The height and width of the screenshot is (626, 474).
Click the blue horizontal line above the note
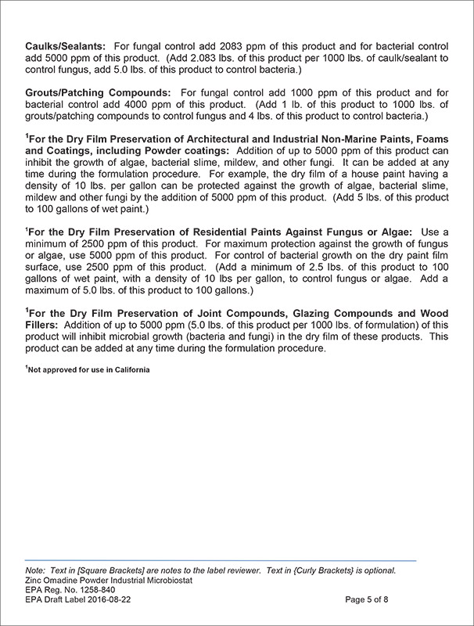click(221, 560)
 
